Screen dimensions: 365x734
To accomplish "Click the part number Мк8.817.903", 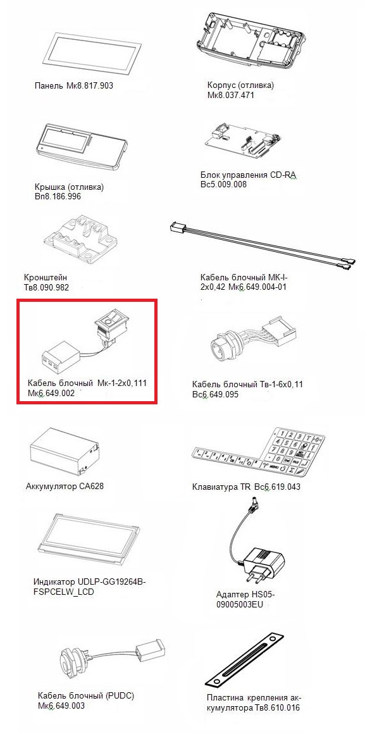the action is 89,85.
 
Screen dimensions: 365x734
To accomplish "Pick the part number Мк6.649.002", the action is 51,393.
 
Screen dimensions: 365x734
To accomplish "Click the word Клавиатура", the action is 216,487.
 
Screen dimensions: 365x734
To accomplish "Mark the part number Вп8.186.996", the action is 58,196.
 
